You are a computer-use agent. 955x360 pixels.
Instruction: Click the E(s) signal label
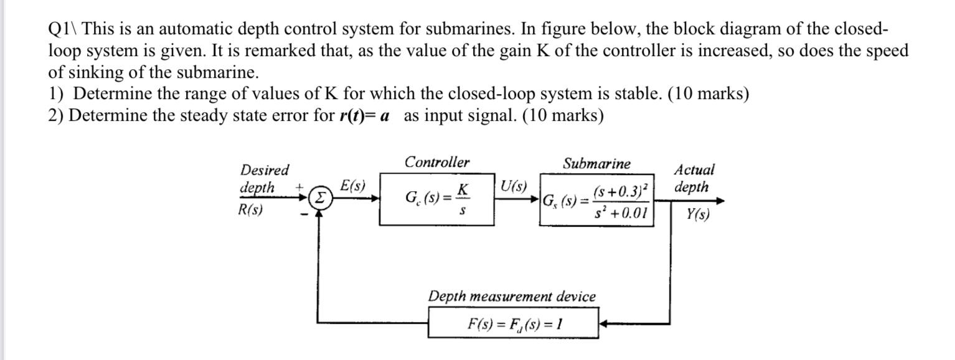(353, 186)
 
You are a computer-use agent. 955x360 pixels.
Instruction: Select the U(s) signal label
(514, 186)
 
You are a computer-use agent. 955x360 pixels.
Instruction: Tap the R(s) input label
(251, 210)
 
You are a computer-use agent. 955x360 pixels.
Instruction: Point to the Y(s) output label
(697, 214)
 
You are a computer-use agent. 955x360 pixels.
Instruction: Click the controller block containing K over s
(436, 199)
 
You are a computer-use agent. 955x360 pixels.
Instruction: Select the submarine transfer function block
(596, 200)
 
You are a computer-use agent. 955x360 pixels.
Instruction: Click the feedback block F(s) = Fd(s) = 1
(513, 323)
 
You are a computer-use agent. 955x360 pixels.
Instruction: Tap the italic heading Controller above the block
(437, 163)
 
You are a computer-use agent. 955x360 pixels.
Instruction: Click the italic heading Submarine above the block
(596, 164)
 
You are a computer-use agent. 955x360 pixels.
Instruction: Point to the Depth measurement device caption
(511, 296)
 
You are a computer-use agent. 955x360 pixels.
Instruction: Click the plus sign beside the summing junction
(299, 186)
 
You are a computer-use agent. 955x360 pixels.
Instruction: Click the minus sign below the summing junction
(303, 216)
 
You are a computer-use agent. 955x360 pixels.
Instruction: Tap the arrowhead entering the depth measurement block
(604, 324)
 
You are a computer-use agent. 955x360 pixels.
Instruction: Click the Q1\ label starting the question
(63, 29)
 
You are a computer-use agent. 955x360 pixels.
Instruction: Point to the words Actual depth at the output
(694, 178)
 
